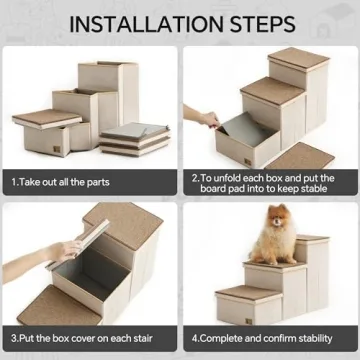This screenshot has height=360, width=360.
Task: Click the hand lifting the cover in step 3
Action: [62, 250]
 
